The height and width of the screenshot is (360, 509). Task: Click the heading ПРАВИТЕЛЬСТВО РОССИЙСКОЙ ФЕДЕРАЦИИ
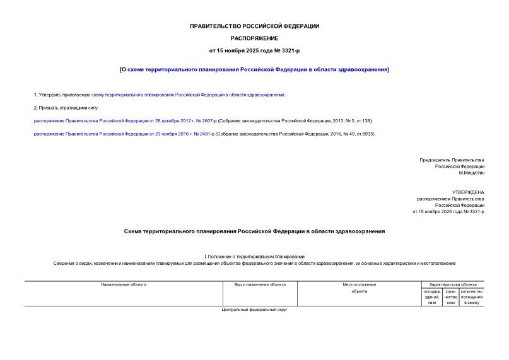tap(254, 26)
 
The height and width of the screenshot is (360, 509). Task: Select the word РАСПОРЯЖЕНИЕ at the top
tap(254, 38)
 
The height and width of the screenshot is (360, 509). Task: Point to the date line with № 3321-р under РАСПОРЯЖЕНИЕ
tap(254, 50)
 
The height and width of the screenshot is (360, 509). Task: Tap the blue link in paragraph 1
tap(188, 95)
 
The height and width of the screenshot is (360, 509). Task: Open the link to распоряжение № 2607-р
tap(125, 120)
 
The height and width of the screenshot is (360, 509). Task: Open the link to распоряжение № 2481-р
tap(124, 134)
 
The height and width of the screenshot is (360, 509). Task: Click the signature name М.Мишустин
tap(471, 173)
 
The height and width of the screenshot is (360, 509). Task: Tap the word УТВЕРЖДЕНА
tap(468, 192)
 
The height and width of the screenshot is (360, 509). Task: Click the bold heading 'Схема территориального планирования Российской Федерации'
tap(254, 231)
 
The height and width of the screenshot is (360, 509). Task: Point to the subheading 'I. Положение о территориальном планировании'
tap(254, 256)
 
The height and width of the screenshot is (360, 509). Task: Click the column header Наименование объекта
tap(124, 285)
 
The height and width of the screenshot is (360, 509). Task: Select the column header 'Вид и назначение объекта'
tap(260, 285)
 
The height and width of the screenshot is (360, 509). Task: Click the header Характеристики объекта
tap(452, 285)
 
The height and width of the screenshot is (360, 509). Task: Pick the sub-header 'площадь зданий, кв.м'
tap(432, 297)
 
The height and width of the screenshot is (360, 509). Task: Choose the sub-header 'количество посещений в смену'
tap(471, 297)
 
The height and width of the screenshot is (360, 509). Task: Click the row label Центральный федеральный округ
tap(254, 310)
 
